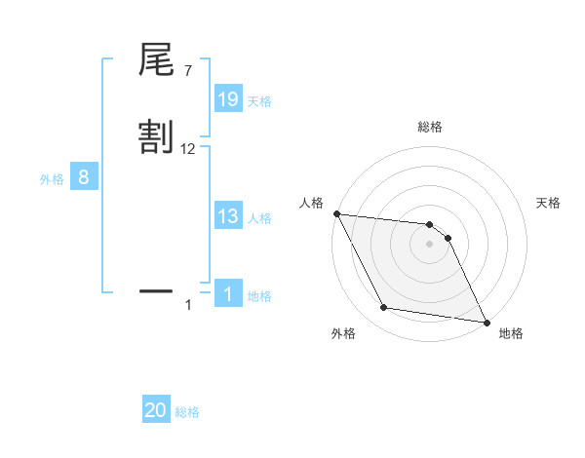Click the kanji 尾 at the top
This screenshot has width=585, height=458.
[156, 60]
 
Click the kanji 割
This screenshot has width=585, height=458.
[156, 136]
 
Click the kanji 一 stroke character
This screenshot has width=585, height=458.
[156, 289]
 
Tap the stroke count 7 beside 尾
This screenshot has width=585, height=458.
[187, 71]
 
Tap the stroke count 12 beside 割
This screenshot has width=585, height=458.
[188, 148]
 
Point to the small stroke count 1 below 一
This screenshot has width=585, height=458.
[188, 306]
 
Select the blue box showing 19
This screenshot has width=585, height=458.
[228, 99]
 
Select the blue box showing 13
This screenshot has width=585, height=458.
[228, 216]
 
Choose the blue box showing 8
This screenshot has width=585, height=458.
[84, 177]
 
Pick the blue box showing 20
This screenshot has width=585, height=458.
[156, 410]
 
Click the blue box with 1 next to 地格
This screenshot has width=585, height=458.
[228, 293]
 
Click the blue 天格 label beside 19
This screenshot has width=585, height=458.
[259, 101]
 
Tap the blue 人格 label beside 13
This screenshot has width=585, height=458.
[259, 218]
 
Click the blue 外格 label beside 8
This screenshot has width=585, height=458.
[52, 179]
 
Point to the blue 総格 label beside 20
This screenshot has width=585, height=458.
[187, 412]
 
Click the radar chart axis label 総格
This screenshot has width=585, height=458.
[430, 127]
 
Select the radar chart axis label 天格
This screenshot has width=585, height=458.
[549, 203]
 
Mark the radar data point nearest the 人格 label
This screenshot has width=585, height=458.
[336, 213]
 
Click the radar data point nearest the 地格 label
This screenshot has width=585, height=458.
[486, 322]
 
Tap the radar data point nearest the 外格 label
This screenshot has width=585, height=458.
[384, 308]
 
